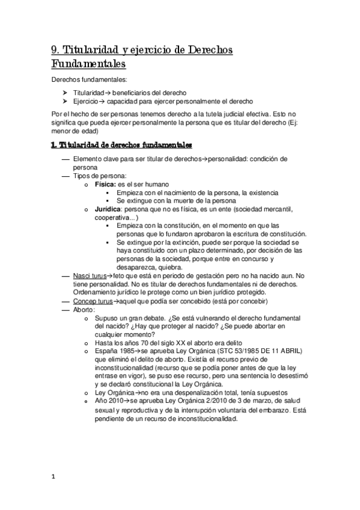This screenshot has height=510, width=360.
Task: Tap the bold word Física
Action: pyautogui.click(x=105, y=183)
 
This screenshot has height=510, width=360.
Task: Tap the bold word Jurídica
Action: pyautogui.click(x=108, y=209)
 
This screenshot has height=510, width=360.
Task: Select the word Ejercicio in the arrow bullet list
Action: pyautogui.click(x=87, y=102)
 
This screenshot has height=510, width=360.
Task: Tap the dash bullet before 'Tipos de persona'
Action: pyautogui.click(x=66, y=175)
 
